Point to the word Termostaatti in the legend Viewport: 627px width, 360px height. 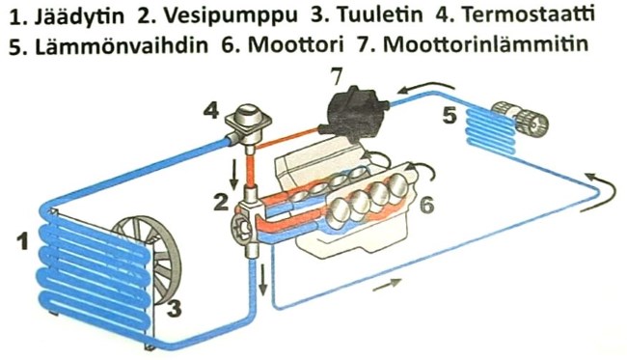(x=529, y=14)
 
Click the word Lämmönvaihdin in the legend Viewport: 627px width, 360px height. (x=122, y=45)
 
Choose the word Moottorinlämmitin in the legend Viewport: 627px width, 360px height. (x=485, y=44)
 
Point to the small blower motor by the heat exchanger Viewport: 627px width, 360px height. (x=519, y=118)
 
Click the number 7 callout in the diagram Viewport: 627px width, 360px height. (x=336, y=77)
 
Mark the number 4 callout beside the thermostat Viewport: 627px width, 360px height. (x=210, y=110)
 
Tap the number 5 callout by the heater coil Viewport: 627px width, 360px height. (x=450, y=116)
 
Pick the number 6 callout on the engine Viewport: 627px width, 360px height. (x=426, y=205)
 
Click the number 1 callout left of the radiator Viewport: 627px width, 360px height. (x=22, y=240)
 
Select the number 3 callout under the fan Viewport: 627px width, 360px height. (x=174, y=308)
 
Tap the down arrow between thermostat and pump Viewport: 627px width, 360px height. (x=234, y=175)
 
